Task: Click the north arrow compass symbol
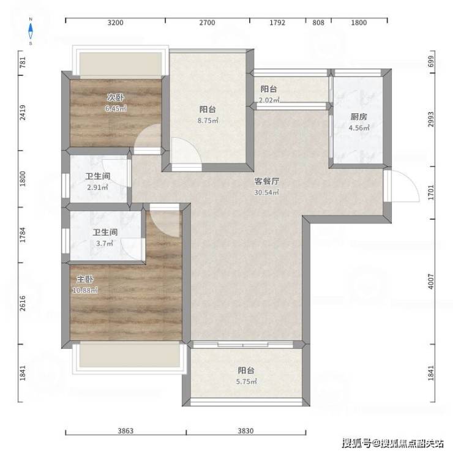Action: [x=31, y=31]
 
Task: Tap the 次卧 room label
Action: [x=115, y=97]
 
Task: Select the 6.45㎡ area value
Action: [x=116, y=108]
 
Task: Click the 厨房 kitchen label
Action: [x=359, y=117]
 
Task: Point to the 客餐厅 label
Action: [x=267, y=181]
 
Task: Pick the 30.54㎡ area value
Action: [x=266, y=192]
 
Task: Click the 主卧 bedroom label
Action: [x=85, y=279]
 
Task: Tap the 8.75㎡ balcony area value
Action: [x=208, y=120]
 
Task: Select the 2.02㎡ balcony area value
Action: [x=269, y=100]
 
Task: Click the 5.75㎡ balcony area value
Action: [x=247, y=381]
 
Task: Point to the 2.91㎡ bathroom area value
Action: [x=98, y=187]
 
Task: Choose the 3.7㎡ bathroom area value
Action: [x=105, y=243]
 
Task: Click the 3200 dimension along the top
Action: [x=115, y=23]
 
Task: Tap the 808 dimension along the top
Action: [x=318, y=23]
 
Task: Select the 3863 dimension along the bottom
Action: [x=125, y=431]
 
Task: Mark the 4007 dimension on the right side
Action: [x=431, y=282]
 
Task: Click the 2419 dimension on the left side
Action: [x=23, y=113]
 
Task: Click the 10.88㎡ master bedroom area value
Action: [x=85, y=290]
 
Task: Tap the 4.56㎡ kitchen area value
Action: [x=359, y=128]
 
